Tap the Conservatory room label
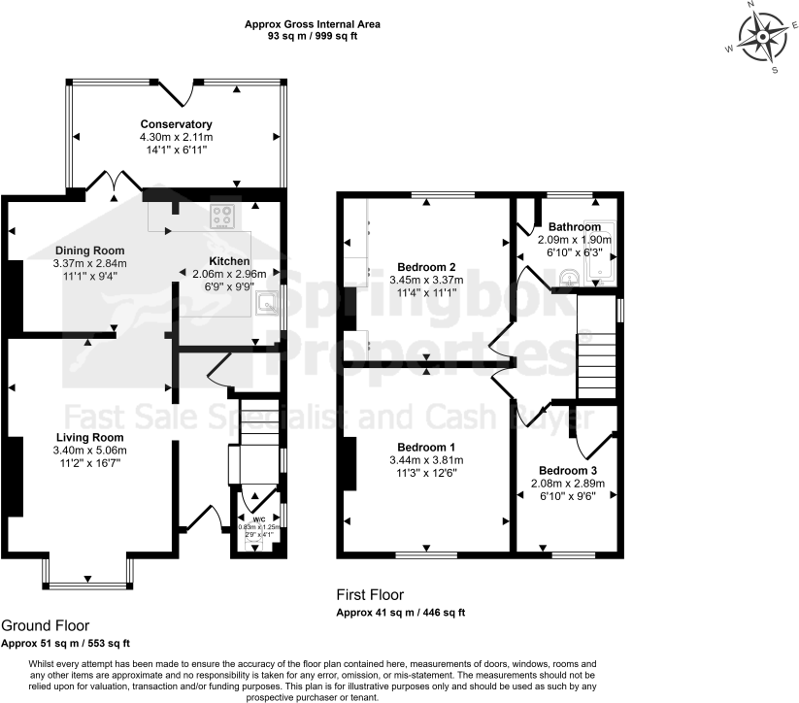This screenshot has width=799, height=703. coord(176,124)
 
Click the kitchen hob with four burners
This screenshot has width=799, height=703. coord(223,218)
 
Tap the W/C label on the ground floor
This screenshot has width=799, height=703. coord(257,519)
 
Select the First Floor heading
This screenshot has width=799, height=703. coord(370,595)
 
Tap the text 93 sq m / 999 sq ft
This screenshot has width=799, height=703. coord(312,36)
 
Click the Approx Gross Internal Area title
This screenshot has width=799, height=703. coord(312,23)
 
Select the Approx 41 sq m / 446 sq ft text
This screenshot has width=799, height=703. coord(401,613)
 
